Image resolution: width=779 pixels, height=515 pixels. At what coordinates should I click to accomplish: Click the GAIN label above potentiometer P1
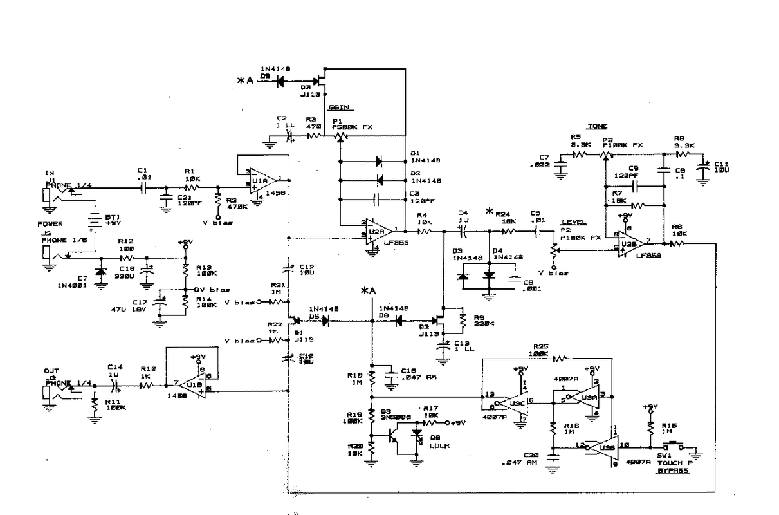339,108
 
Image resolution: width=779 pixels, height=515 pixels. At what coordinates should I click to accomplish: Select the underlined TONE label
597,127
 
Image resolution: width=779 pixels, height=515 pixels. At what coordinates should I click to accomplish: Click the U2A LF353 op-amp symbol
378,229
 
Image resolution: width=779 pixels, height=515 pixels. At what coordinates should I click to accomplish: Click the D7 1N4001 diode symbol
100,271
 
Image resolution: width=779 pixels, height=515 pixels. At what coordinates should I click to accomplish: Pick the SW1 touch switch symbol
673,445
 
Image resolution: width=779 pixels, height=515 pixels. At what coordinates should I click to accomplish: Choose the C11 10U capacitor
705,167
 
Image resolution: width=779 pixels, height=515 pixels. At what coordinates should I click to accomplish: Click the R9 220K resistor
463,317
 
